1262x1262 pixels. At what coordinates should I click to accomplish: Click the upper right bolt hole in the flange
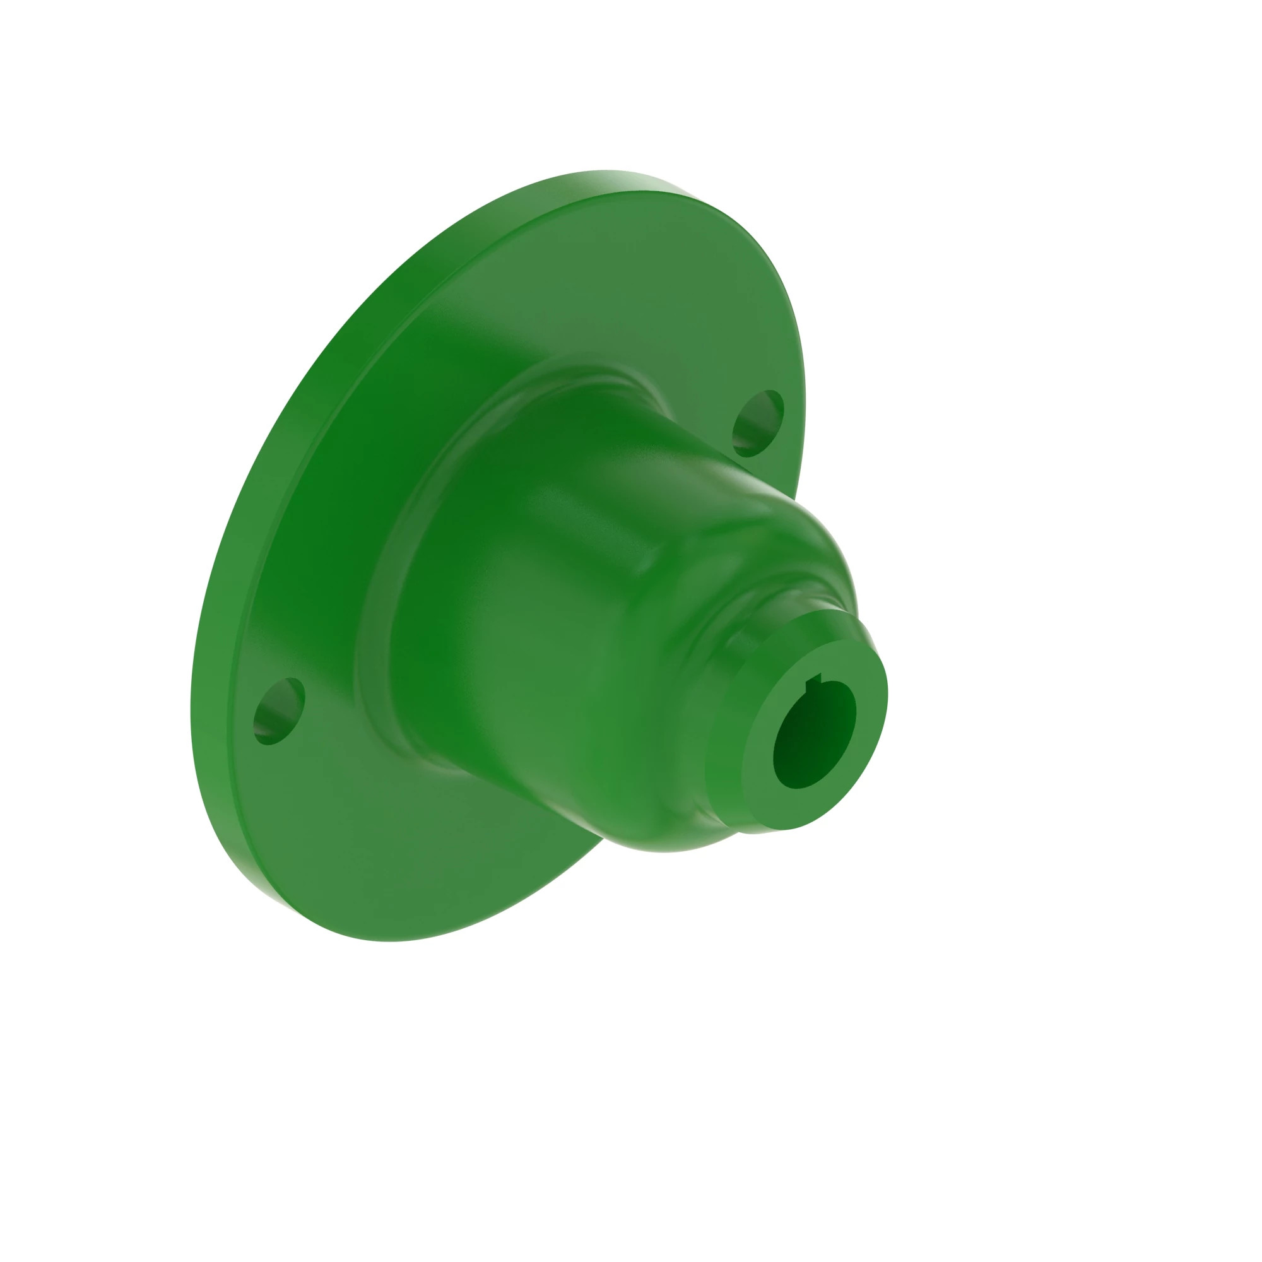click(758, 423)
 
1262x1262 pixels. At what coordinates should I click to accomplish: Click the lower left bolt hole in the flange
click(280, 711)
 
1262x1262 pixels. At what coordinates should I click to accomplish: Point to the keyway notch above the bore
click(813, 684)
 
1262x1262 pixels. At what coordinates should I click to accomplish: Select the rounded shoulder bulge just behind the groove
click(803, 562)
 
